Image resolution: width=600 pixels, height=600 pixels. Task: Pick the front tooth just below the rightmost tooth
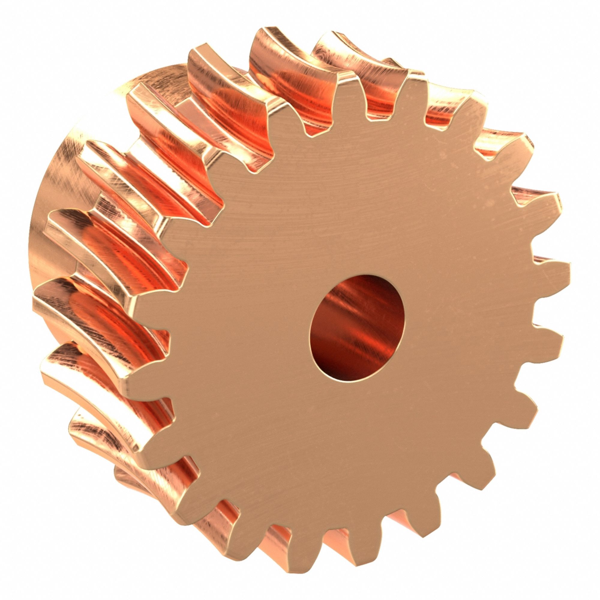(x=553, y=338)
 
